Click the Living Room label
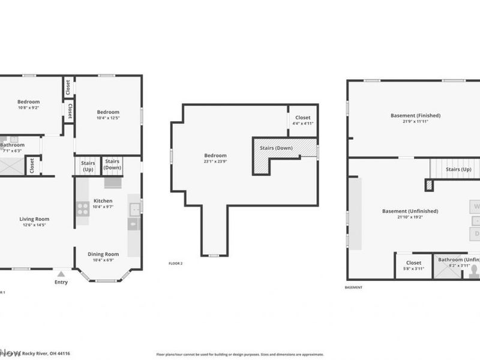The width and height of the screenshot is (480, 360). pos(34,219)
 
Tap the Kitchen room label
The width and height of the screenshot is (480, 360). pos(103,201)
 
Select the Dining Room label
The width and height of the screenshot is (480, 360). pos(103,254)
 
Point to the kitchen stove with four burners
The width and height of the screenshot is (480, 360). pos(83,209)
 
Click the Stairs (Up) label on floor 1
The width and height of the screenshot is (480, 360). pos(88,166)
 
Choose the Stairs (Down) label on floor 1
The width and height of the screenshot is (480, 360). pos(112,164)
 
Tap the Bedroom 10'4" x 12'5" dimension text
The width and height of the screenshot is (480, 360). pos(109,118)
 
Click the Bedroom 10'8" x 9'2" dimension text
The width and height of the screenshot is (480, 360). pos(29,108)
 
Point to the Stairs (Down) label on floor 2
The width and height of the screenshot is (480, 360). pos(276,148)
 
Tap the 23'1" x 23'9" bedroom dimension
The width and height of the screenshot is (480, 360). pos(215,161)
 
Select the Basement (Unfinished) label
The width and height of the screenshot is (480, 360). pos(410,211)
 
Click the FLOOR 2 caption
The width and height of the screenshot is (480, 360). pos(176,263)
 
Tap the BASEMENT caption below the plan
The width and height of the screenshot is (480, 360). pos(353,287)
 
